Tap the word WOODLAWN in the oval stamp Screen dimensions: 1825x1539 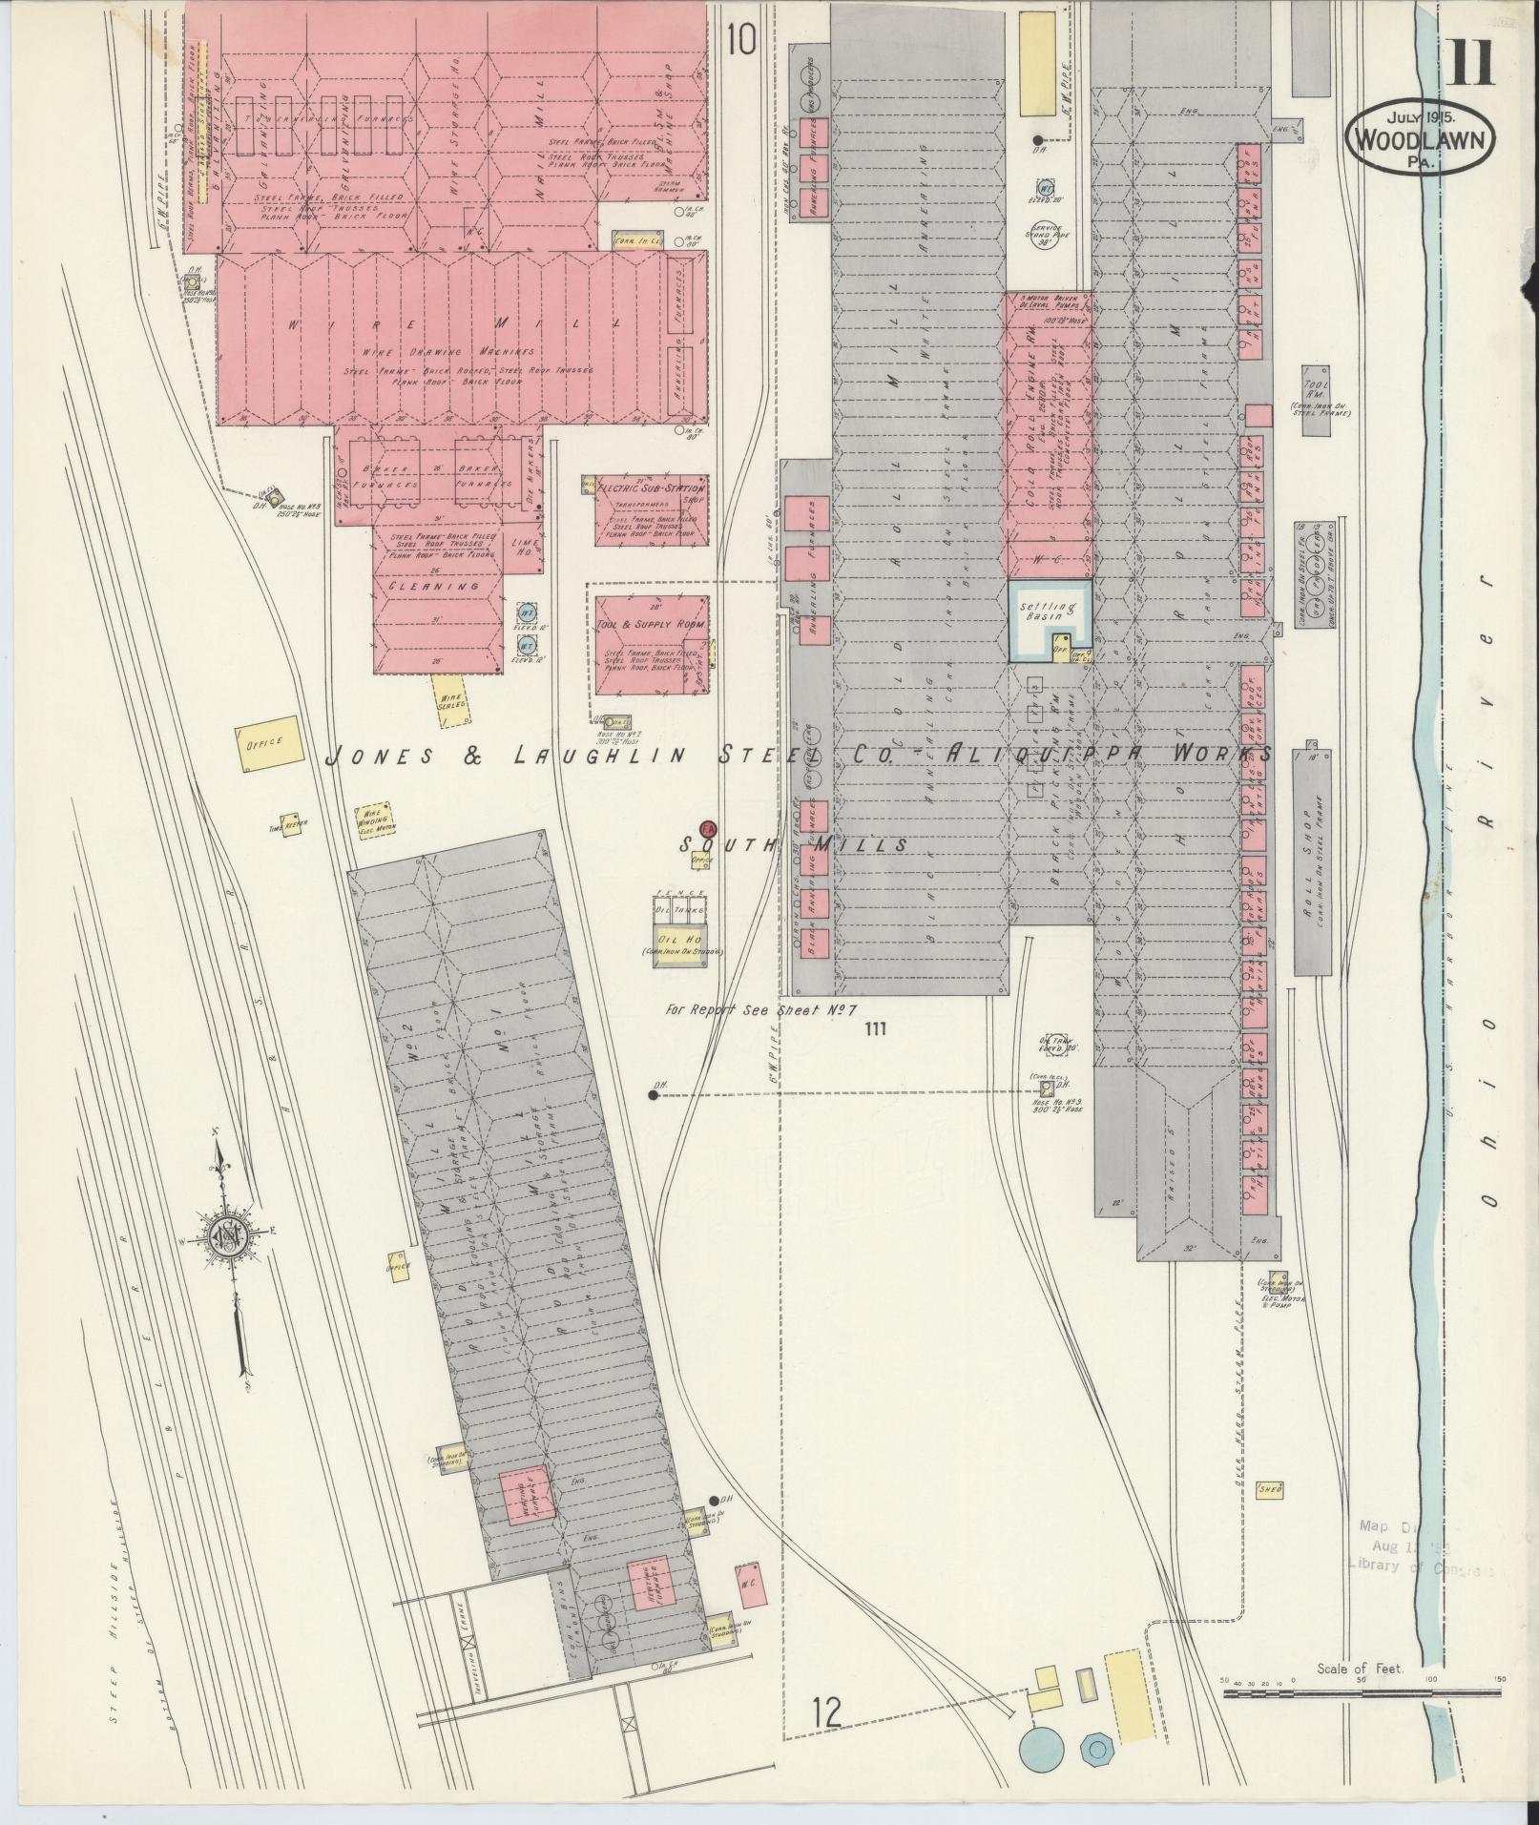click(x=1420, y=140)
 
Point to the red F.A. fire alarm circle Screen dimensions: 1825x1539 click(x=707, y=828)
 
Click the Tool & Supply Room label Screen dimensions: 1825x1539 click(x=652, y=624)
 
